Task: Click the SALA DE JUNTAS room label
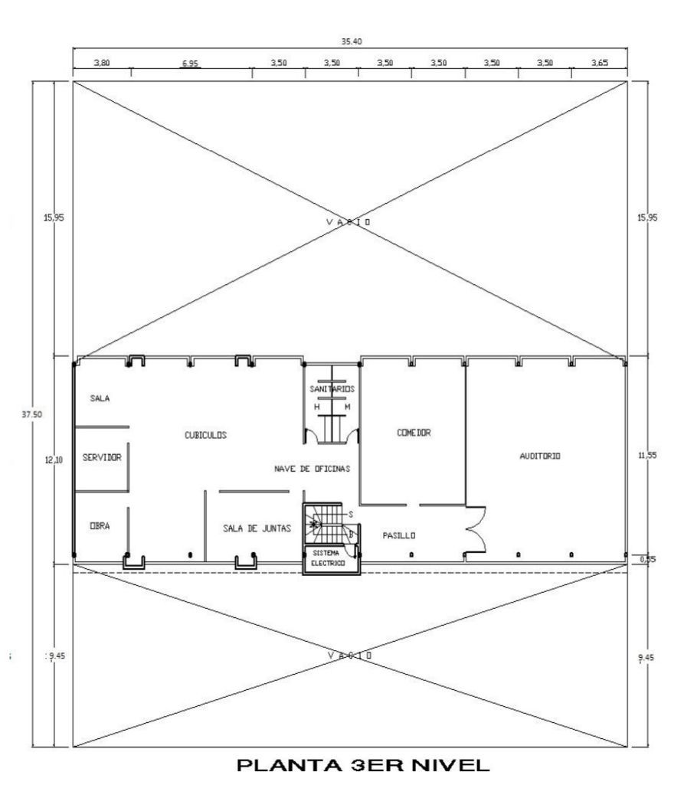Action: tap(257, 528)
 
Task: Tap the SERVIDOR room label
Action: tap(102, 457)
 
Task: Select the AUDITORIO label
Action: tap(540, 456)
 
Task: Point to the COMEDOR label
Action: tap(414, 433)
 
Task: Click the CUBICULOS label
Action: tap(205, 435)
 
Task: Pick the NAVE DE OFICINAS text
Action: tap(313, 469)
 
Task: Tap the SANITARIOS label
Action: tap(332, 389)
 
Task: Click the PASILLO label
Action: tap(399, 535)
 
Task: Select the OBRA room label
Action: tap(100, 525)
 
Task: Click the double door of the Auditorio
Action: tap(476, 529)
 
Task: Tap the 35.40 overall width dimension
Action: tap(352, 41)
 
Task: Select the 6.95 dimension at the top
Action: tap(190, 64)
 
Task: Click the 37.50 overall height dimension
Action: tap(31, 414)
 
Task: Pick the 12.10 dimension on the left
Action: tap(54, 460)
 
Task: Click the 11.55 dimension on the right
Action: tap(647, 456)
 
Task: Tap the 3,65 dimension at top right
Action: tap(600, 63)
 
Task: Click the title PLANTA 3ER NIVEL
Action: tap(363, 765)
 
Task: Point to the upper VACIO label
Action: tap(349, 222)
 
